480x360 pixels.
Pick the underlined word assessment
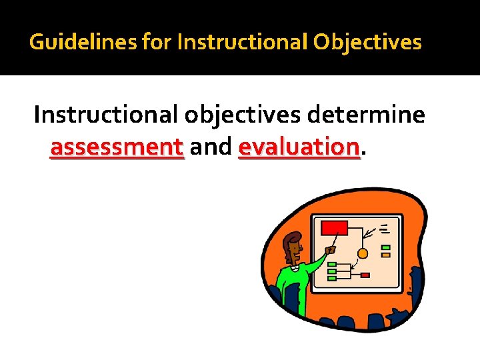coord(117,146)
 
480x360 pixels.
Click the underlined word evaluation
coord(299,146)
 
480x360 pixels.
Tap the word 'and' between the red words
coord(210,146)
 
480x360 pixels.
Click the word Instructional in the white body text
coord(105,115)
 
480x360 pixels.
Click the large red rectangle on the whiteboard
coord(334,228)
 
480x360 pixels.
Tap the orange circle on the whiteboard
coord(363,253)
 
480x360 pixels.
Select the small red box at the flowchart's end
coord(365,275)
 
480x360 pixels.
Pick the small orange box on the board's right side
coord(385,254)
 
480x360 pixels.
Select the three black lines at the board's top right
coord(385,229)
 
